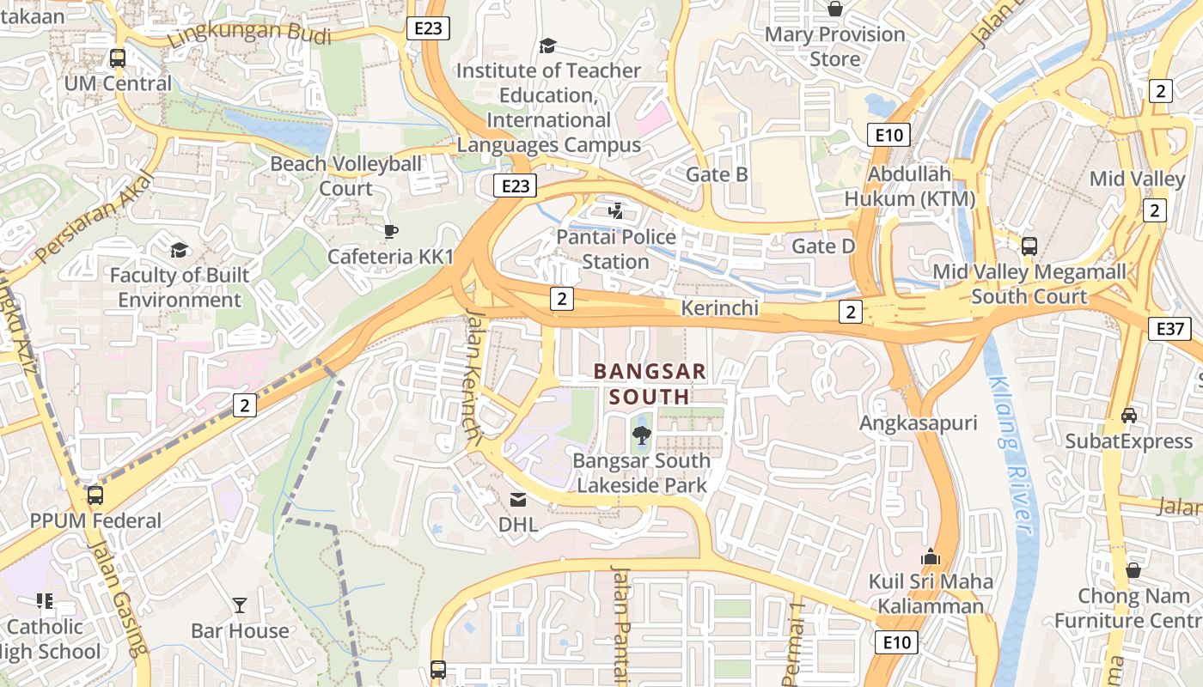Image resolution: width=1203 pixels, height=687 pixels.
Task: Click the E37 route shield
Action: (x=1170, y=328)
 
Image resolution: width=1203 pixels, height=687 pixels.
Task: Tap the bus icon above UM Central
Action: (x=118, y=58)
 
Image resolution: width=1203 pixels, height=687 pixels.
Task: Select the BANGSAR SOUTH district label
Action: (x=650, y=384)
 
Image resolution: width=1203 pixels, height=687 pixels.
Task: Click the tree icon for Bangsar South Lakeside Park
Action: (x=641, y=435)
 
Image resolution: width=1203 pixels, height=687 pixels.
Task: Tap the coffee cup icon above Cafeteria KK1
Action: (x=390, y=231)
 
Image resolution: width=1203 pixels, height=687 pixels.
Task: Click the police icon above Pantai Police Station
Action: (x=615, y=210)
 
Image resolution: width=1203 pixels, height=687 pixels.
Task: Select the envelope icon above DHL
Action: (x=518, y=499)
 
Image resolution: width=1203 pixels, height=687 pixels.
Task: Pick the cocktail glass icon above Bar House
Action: (x=240, y=605)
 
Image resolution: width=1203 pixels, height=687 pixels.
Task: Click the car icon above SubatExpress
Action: (x=1129, y=416)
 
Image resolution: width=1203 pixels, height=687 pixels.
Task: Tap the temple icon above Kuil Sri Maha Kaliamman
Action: (x=930, y=556)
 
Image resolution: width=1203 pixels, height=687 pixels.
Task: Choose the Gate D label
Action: (x=823, y=246)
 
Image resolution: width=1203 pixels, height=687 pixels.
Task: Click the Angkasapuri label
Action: (x=919, y=423)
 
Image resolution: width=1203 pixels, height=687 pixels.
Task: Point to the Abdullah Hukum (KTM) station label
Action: (x=910, y=186)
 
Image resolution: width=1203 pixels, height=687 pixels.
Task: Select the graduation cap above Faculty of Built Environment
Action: (x=179, y=250)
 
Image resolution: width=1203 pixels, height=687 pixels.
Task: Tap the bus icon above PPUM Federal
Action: (x=95, y=495)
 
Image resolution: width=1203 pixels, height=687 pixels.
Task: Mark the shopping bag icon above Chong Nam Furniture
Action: (x=1133, y=570)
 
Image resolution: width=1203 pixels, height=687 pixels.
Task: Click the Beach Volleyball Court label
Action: (x=346, y=176)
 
